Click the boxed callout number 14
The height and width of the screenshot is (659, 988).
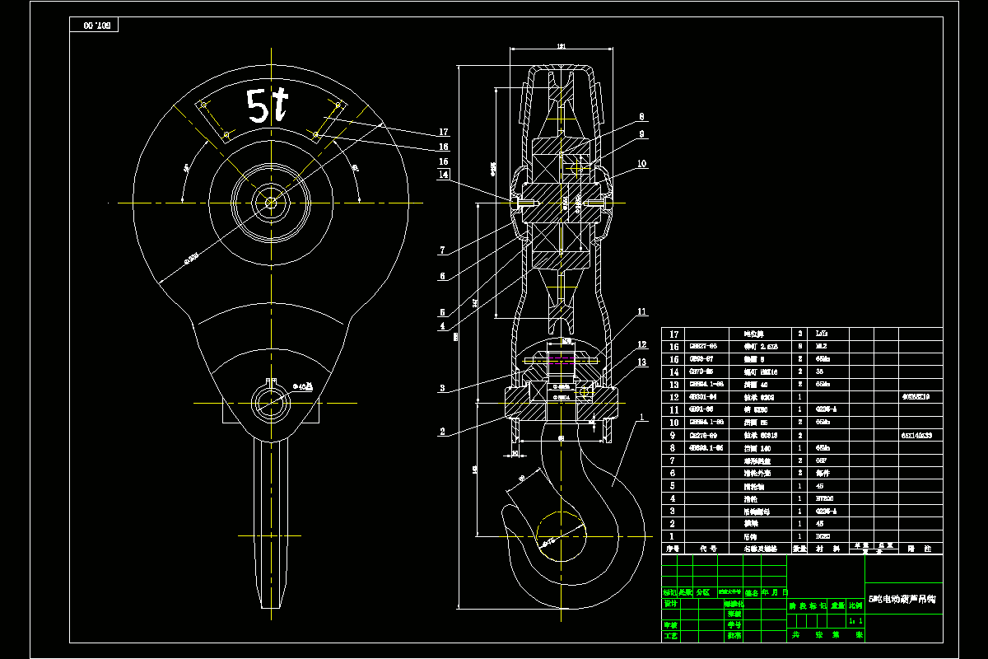pos(444,175)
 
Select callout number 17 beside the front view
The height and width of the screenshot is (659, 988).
pos(444,132)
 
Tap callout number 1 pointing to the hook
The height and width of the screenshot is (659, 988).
pos(638,418)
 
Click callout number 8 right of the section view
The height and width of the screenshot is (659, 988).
pos(641,117)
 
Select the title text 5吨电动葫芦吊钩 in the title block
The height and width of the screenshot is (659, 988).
pos(902,599)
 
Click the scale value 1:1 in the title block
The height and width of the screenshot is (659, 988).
pos(856,620)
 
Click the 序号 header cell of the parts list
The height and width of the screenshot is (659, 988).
pos(673,548)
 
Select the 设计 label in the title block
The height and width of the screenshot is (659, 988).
pos(670,603)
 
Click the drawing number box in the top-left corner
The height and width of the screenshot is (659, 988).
pos(96,26)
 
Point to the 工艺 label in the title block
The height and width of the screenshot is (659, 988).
pos(670,635)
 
